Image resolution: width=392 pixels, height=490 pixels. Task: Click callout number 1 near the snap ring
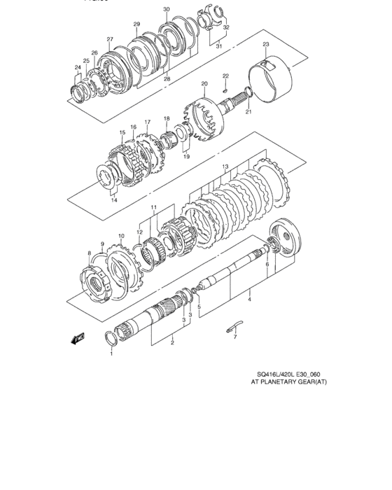coord(111,354)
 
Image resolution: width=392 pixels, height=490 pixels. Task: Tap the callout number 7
coord(235,337)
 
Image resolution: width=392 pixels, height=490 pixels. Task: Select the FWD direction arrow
coord(76,339)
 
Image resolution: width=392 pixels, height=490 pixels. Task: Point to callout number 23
coord(266,45)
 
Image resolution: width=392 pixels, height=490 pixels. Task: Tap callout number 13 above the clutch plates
coord(225,167)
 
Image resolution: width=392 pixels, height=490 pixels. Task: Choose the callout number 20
coord(204,83)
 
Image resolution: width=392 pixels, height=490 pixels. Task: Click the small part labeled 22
coord(225,89)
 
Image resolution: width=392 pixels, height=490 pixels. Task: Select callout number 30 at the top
coord(166,9)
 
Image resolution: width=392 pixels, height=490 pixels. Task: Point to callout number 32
coord(225,27)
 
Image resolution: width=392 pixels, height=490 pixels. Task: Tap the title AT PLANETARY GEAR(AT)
coord(289,383)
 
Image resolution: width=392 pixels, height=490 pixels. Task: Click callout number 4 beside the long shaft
coord(250,300)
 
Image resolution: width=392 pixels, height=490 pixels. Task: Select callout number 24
coord(78,67)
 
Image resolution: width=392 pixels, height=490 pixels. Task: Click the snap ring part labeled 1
coord(111,339)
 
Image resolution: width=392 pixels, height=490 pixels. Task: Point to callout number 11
coord(153,208)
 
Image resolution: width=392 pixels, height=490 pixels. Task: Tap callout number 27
coord(110,38)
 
